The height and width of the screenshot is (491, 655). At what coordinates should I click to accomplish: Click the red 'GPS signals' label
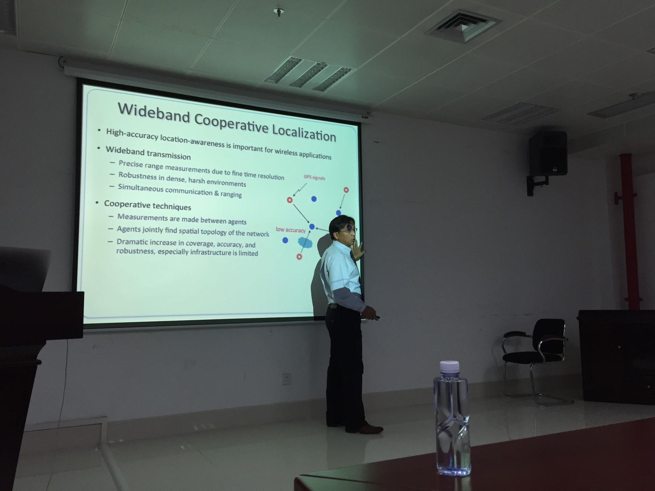point(314,178)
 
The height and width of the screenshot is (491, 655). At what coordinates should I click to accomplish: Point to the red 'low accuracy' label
point(291,230)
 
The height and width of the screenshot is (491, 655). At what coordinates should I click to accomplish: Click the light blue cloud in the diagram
point(305,242)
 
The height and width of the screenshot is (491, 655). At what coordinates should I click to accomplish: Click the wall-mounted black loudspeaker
point(548,153)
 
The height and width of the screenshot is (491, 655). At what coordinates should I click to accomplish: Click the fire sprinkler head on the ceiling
point(279,13)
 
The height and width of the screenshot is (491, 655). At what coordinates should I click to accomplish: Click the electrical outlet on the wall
point(286,379)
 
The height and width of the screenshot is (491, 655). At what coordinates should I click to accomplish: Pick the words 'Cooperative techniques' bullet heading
point(147,205)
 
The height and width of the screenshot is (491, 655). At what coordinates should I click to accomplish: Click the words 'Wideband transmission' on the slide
point(148,153)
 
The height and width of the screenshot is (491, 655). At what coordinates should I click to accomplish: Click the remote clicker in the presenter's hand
point(376,318)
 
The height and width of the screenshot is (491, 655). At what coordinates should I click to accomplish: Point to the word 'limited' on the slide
point(248,253)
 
